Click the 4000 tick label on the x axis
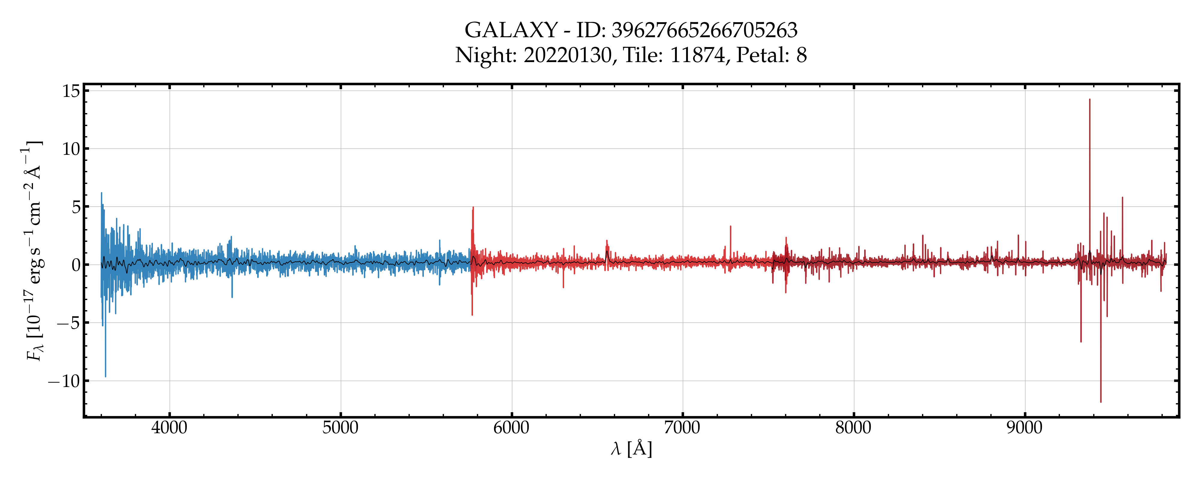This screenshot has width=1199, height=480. [x=169, y=427]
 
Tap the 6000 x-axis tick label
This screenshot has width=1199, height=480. [x=512, y=427]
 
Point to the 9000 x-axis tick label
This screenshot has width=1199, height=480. [x=1025, y=427]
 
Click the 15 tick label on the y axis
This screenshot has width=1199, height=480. [x=71, y=91]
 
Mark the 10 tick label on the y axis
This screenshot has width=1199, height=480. [x=71, y=149]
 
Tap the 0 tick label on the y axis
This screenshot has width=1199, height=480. [x=76, y=265]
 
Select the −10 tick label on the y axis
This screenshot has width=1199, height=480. [x=64, y=381]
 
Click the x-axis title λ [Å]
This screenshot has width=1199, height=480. [x=631, y=449]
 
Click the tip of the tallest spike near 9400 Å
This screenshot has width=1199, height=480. [x=1089, y=99]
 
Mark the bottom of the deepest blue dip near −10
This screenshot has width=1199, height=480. [x=105, y=376]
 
